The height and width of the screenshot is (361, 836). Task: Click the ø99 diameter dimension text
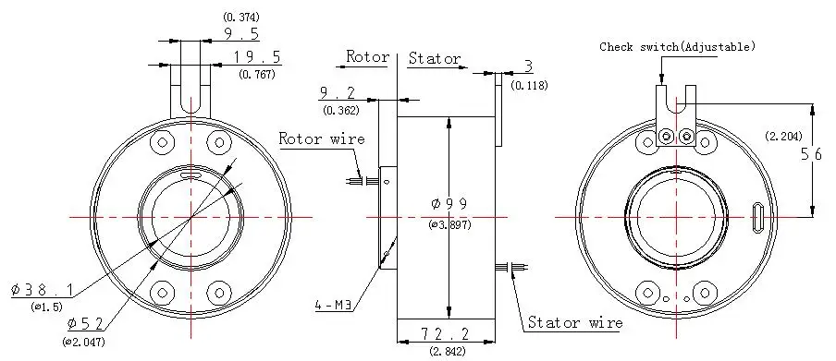449,203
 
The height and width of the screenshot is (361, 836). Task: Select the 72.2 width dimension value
445,334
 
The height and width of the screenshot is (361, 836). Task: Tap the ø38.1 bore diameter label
43,290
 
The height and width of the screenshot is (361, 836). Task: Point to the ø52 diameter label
85,323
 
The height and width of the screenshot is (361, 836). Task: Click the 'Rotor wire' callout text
322,139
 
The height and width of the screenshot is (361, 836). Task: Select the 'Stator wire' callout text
575,322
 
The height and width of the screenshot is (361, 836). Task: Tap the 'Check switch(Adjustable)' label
678,47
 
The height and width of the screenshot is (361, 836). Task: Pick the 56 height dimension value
815,154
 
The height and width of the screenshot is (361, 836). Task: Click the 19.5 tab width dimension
257,57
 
